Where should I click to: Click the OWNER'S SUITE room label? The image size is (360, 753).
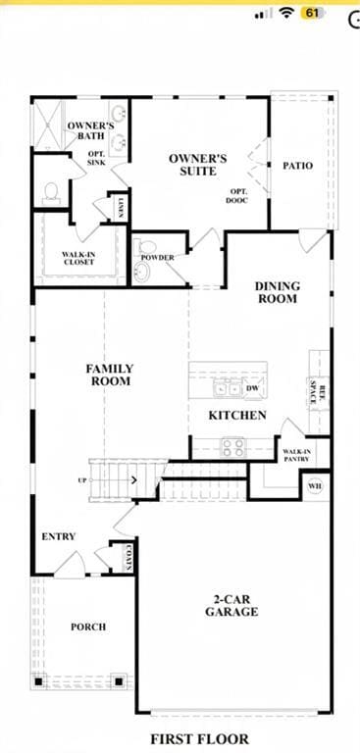pos(198,164)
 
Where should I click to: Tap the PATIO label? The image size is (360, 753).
pos(298,166)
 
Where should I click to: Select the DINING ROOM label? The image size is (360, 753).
pos(278,292)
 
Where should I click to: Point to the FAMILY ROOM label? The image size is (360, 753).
pos(110,375)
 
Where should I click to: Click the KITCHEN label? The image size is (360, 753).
pos(237,416)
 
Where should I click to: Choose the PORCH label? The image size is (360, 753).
pos(88,627)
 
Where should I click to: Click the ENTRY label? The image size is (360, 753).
pos(59,537)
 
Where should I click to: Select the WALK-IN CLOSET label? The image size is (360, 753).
pos(78,257)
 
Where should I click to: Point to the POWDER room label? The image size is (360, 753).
pos(157,258)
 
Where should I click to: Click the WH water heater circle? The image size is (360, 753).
pos(315,485)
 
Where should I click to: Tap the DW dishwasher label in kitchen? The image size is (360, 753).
pos(252,389)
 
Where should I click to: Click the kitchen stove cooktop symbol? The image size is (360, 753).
pos(232,447)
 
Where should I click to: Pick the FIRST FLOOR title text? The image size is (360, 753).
pos(199,738)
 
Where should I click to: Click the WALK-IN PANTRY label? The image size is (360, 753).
pos(296,455)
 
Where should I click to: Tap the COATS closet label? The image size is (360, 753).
pos(128,558)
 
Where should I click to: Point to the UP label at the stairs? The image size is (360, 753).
pos(82,480)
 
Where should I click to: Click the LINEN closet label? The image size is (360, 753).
pos(120,206)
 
